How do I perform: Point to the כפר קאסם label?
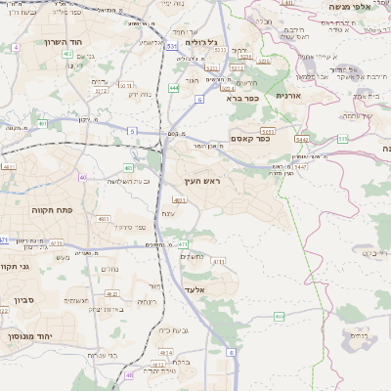click(250, 139)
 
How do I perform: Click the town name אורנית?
click(290, 96)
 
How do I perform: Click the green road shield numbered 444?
click(173, 88)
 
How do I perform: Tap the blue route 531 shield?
click(171, 45)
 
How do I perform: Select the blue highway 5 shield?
click(131, 130)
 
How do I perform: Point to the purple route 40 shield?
click(82, 177)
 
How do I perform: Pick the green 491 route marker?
click(44, 124)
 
